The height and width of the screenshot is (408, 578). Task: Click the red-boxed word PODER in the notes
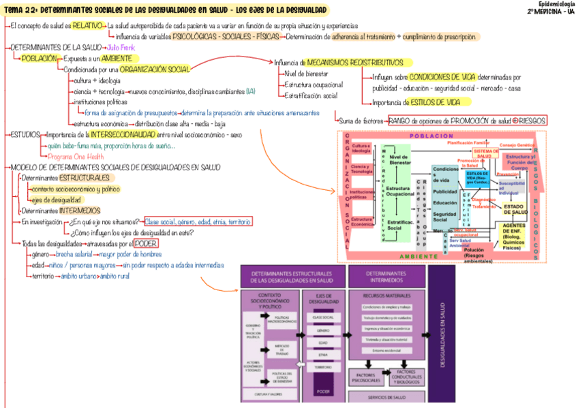146,243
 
